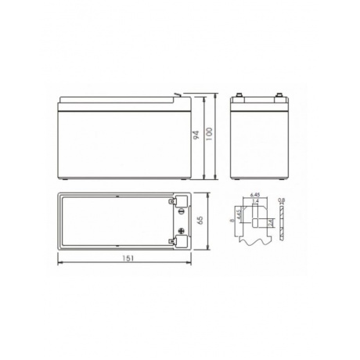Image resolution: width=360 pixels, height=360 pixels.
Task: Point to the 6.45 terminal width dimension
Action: point(254,195)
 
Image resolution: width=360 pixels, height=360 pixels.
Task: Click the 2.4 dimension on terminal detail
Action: point(271,223)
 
